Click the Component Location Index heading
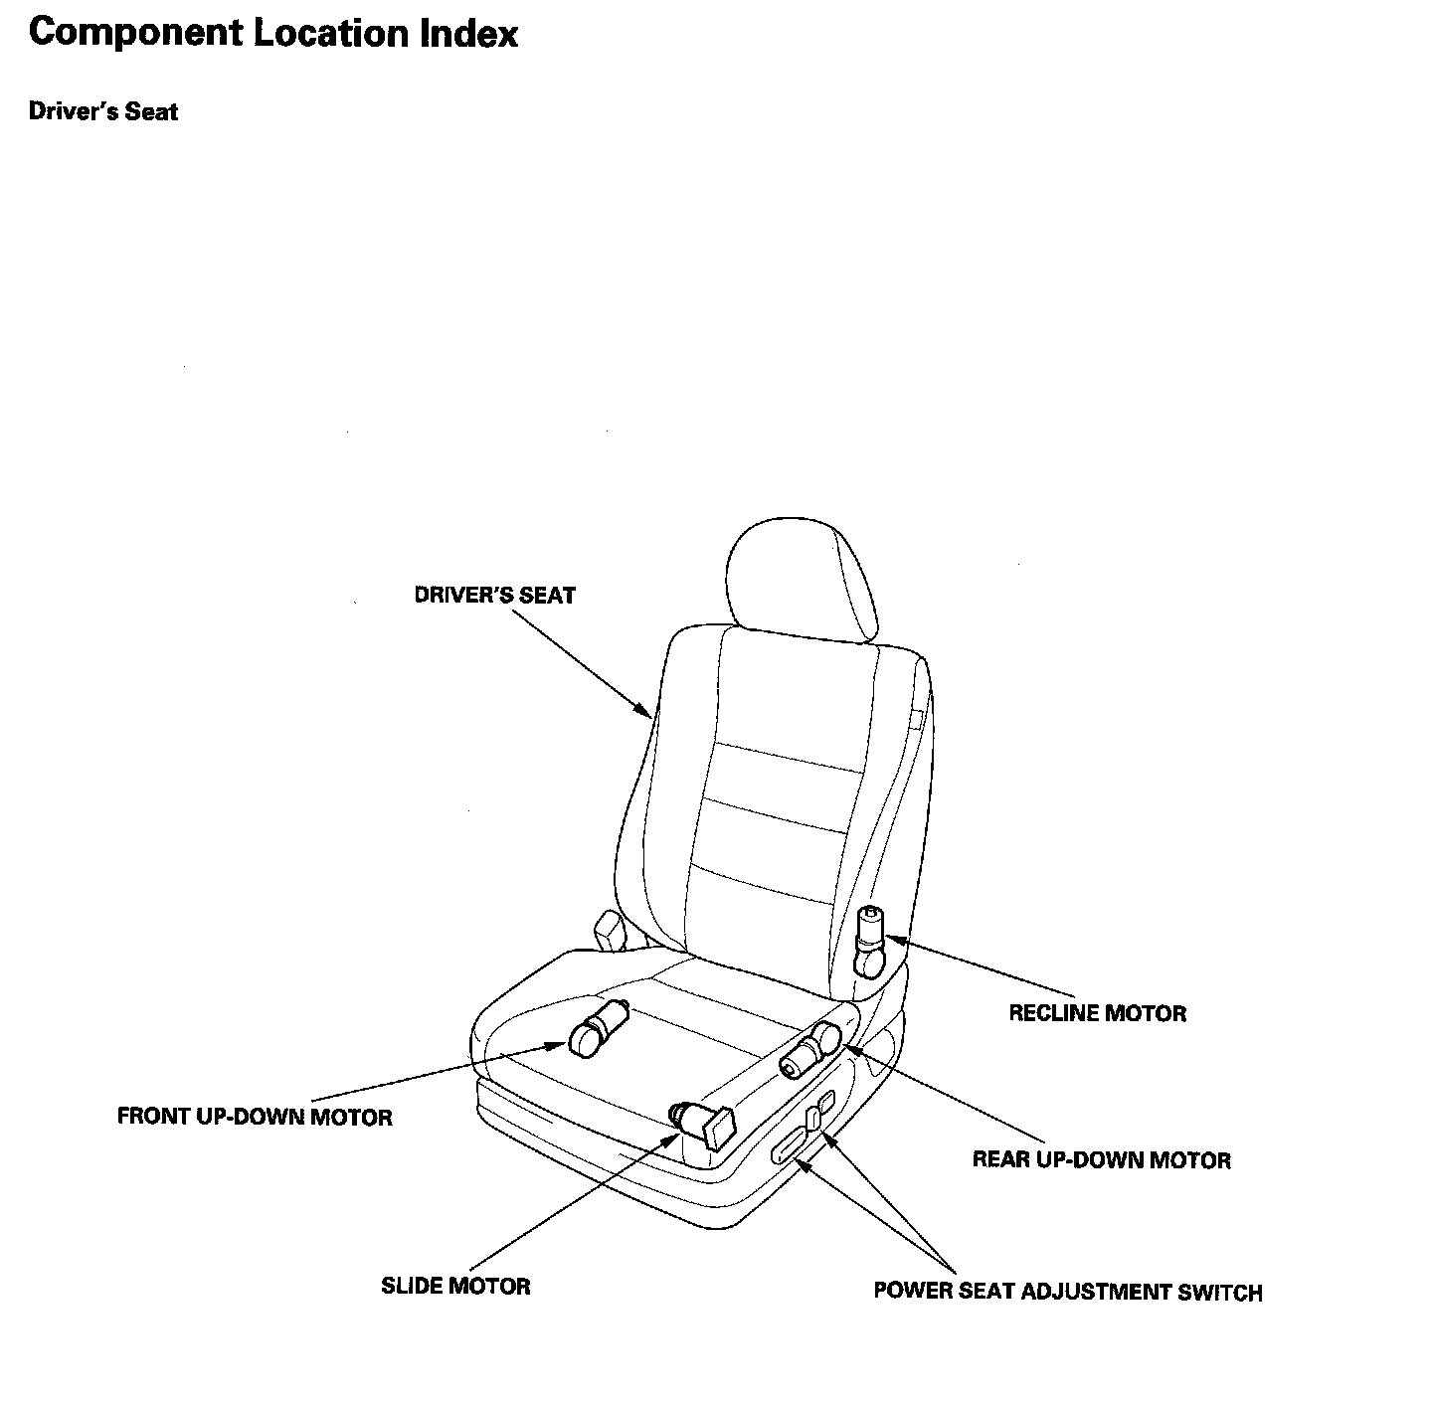point(273,34)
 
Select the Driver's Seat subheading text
point(103,111)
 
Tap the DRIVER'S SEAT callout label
point(494,596)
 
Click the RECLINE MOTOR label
point(1097,1013)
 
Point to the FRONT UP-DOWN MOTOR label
point(255,1117)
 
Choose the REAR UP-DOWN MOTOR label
point(1101,1159)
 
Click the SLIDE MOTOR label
point(455,1286)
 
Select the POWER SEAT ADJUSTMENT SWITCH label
point(1067,1292)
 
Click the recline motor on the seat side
point(871,940)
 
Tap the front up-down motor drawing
point(598,1027)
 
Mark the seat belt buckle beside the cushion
point(608,932)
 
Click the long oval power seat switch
point(792,1146)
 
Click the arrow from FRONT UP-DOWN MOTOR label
point(438,1073)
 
